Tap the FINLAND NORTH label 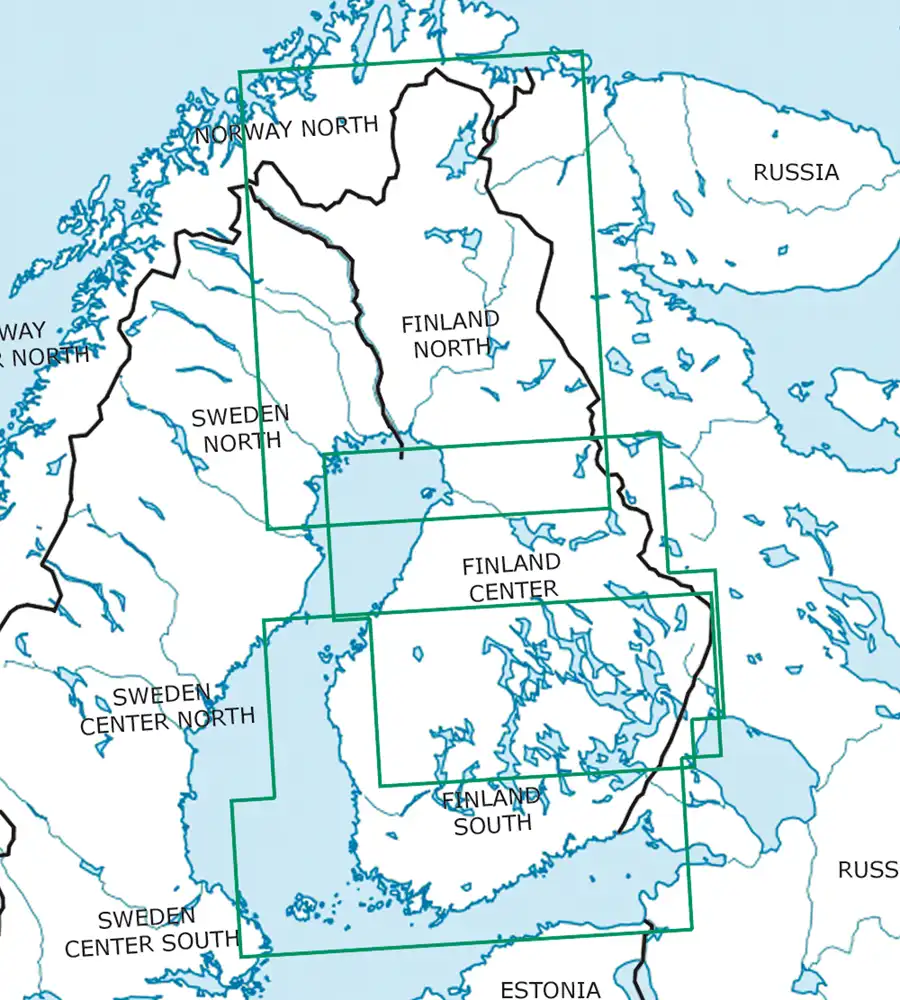point(449,335)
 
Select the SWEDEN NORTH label point(240,427)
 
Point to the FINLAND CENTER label point(511,578)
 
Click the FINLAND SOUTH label point(491,811)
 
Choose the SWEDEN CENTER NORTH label point(167,708)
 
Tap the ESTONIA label point(550,990)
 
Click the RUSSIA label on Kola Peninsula point(796,172)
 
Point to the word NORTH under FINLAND point(452,347)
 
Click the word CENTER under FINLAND point(513,591)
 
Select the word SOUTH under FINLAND point(492,824)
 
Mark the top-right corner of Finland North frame point(581,53)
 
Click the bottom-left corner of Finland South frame point(241,955)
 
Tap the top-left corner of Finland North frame point(239,71)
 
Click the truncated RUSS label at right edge point(867,870)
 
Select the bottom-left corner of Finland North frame point(268,527)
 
